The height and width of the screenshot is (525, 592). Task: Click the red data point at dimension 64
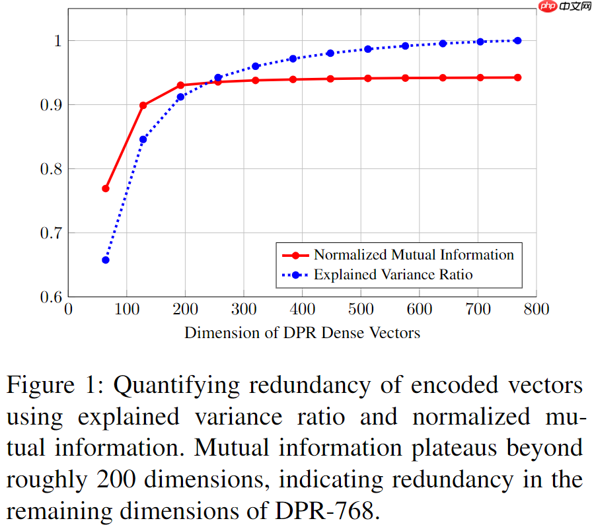(x=105, y=189)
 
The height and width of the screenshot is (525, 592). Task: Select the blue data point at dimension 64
(x=105, y=260)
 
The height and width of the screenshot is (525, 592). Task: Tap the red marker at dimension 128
(x=143, y=105)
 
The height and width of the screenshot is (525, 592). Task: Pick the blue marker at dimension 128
(x=143, y=139)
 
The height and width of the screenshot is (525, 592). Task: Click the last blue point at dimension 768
(x=517, y=40)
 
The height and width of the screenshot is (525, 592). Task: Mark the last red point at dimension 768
(x=517, y=77)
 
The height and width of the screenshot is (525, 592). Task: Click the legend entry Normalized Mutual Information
(x=413, y=255)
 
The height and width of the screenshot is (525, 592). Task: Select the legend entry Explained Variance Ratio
(x=393, y=274)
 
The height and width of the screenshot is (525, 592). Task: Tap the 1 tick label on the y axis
(x=56, y=41)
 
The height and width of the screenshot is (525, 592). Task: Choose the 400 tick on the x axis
(x=303, y=309)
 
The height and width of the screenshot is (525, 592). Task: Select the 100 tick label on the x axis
(x=127, y=309)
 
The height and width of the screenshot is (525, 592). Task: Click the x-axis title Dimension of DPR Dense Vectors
(x=302, y=332)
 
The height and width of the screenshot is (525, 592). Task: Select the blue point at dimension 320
(x=256, y=66)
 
